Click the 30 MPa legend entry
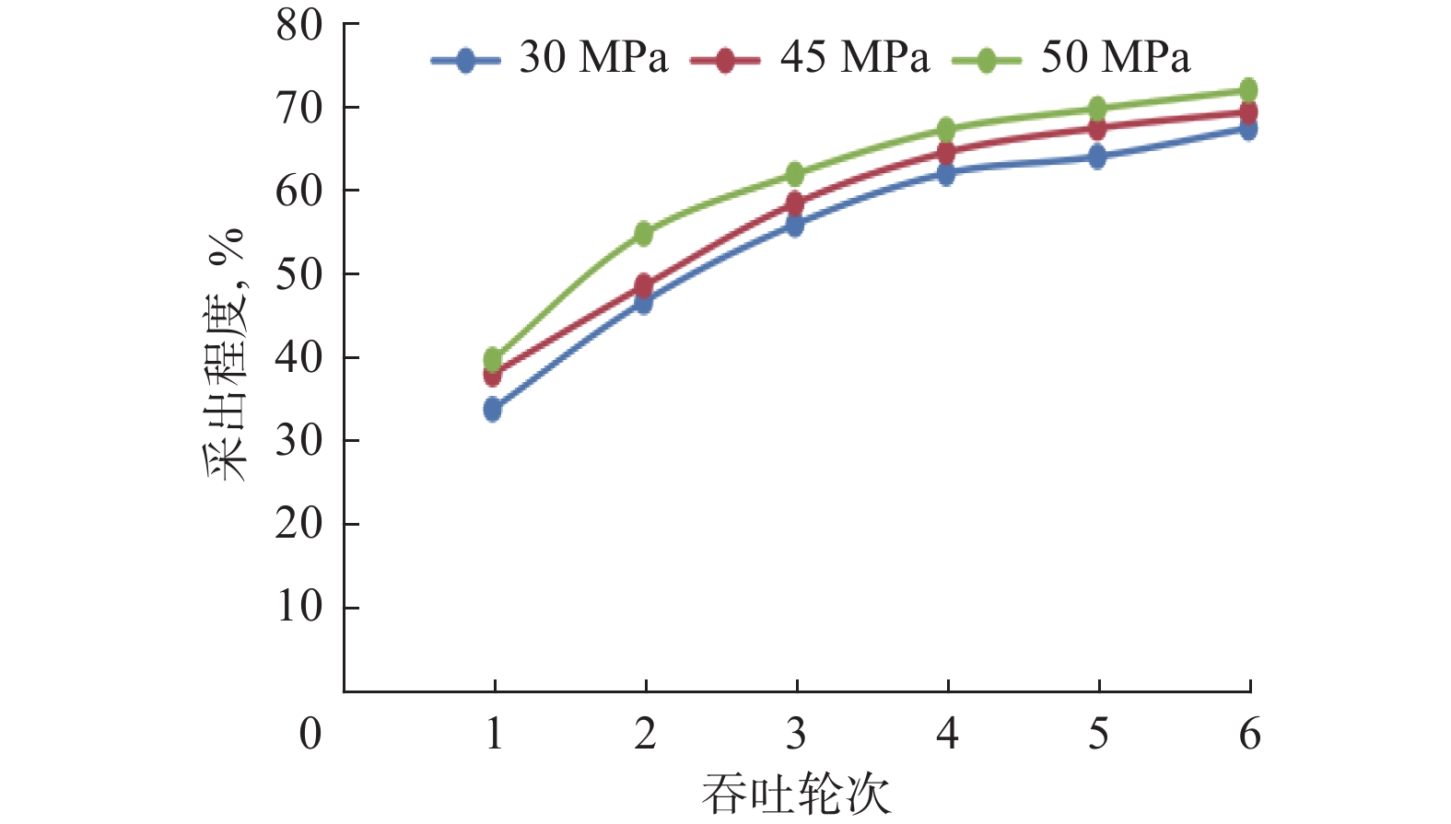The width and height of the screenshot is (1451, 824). coord(550,59)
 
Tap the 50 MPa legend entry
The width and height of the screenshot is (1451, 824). coord(1071,59)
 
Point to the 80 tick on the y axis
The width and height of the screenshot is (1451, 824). coord(299,26)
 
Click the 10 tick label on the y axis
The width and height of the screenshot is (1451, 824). coord(299,607)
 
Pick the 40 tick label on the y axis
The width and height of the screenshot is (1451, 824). coord(299,357)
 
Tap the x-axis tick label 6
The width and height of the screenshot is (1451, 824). coord(1249,735)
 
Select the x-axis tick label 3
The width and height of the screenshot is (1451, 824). coord(796,735)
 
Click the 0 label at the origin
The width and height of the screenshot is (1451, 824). coord(311,735)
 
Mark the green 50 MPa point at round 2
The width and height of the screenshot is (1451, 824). coord(644,233)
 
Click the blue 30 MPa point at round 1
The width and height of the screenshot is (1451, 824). coord(493,409)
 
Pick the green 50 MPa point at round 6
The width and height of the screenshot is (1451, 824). coord(1248,90)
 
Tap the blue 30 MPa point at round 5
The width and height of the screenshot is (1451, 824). coord(1097,157)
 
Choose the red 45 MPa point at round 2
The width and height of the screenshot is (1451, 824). coord(644,285)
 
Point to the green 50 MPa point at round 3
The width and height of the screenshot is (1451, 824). coord(795,174)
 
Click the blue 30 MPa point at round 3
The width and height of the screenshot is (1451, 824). coord(795,225)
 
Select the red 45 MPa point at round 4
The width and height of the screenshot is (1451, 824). coord(946,152)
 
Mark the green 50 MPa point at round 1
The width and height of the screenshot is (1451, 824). coord(493,358)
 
